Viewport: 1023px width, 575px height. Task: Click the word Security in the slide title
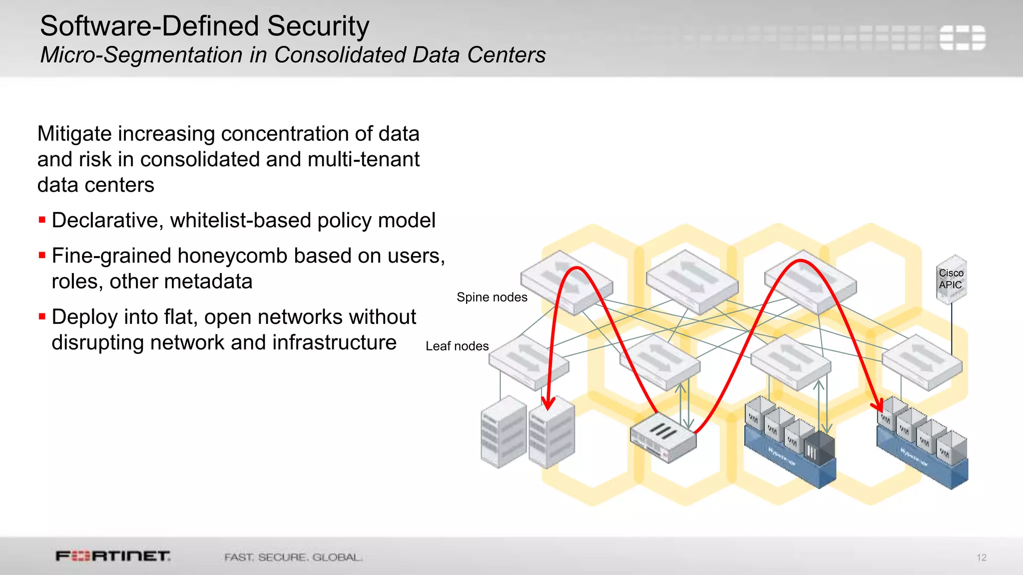318,26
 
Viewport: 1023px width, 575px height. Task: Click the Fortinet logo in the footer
113,556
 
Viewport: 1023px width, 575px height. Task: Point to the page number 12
981,558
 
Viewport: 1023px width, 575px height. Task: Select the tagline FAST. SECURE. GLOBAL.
293,557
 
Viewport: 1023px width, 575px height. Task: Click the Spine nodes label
492,297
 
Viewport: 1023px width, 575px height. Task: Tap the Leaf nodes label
457,346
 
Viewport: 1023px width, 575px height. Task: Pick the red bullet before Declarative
42,220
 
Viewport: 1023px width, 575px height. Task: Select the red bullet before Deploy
42,316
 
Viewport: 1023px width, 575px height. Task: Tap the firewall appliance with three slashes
663,437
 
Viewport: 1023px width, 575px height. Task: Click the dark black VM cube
819,446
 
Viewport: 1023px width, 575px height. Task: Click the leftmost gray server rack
503,432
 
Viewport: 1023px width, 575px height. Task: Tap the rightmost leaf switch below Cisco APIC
922,361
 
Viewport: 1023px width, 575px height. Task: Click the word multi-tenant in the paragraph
363,160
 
